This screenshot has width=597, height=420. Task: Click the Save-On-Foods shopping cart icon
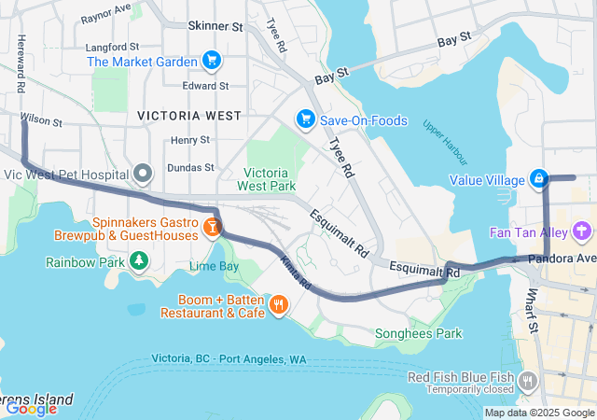click(304, 119)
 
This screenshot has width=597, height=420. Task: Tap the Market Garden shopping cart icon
click(212, 62)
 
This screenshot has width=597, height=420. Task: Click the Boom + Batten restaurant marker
click(277, 304)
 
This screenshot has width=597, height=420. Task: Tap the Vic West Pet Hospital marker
click(143, 174)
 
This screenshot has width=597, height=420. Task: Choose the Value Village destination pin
click(539, 177)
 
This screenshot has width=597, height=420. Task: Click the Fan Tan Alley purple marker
click(583, 230)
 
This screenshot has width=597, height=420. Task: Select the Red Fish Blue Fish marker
click(529, 380)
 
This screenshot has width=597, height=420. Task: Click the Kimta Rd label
click(294, 272)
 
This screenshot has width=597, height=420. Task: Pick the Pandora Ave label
click(562, 258)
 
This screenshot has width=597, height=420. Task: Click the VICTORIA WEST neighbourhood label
click(188, 116)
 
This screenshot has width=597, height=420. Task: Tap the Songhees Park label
click(418, 333)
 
